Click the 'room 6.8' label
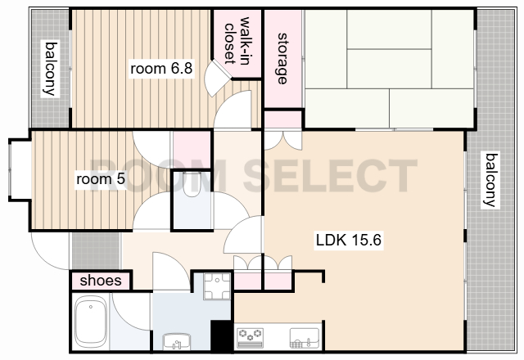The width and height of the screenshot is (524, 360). pos(161,69)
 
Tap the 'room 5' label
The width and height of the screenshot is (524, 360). pos(101,179)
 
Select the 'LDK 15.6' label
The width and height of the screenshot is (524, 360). pos(349,240)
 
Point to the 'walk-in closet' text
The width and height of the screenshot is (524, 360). pos(237,40)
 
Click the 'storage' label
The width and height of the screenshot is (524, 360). pos(282,58)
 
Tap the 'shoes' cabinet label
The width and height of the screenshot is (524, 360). pos(101,281)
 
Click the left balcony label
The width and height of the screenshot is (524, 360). pos(51,69)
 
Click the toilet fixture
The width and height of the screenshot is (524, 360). pos(192,184)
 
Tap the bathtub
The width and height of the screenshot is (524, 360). pos(91,322)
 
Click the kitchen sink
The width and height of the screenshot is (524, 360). pos(305,338)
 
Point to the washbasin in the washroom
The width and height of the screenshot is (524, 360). pos(177,342)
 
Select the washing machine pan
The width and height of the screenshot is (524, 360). pos(217,286)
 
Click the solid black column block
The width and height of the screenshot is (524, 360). pos(222,336)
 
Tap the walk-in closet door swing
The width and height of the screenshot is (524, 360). pos(217,79)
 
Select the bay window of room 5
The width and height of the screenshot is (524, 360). pos(20,169)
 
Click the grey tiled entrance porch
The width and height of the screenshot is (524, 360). pos(96,251)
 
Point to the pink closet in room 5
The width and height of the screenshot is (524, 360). pos(192,150)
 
